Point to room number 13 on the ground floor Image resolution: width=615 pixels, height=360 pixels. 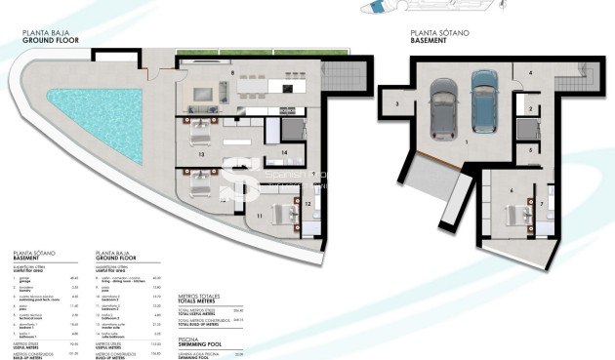[x=200, y=154]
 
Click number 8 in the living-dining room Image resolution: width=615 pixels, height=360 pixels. [x=232, y=73]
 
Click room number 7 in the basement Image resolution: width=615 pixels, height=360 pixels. [x=543, y=205]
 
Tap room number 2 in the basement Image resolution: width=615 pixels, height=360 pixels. [x=528, y=110]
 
